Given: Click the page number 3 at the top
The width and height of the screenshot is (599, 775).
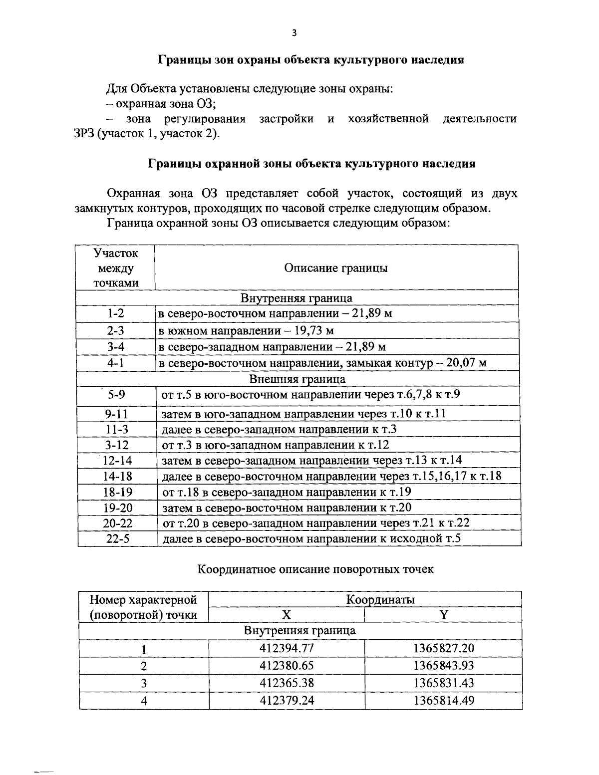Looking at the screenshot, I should click(x=294, y=33).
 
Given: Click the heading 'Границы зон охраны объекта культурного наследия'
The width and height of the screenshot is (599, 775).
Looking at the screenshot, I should click(x=310, y=60).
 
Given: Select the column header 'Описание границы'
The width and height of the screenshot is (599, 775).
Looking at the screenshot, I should click(x=336, y=268).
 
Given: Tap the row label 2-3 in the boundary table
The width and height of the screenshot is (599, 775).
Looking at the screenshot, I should click(x=115, y=330).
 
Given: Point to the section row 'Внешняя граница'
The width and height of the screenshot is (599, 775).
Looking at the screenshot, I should click(x=297, y=379).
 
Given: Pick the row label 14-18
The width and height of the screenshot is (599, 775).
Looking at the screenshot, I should click(x=117, y=477).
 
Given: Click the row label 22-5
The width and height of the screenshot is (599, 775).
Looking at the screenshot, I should click(x=117, y=539).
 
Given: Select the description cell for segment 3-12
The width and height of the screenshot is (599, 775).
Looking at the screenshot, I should click(x=276, y=445).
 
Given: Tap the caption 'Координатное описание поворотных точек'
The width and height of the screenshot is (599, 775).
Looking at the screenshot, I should click(x=316, y=569).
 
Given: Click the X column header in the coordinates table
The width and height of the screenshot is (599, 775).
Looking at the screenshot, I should click(x=286, y=615).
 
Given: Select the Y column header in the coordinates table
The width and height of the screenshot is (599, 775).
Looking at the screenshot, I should click(x=443, y=615).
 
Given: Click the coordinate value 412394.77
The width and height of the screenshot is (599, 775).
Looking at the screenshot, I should click(x=287, y=648).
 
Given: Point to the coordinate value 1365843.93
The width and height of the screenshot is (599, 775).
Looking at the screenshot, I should click(x=443, y=665).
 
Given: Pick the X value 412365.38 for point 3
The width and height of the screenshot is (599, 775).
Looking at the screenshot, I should click(x=287, y=683).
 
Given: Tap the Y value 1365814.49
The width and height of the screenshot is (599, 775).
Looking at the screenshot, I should click(x=443, y=700).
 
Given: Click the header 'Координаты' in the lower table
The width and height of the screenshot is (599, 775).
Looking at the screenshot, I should click(x=380, y=599).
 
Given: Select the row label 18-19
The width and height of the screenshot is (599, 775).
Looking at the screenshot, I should click(x=117, y=493).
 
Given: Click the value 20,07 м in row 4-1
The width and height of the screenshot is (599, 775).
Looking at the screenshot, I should click(x=466, y=363).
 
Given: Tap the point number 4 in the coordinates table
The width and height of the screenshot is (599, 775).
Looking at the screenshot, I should click(x=144, y=701).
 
